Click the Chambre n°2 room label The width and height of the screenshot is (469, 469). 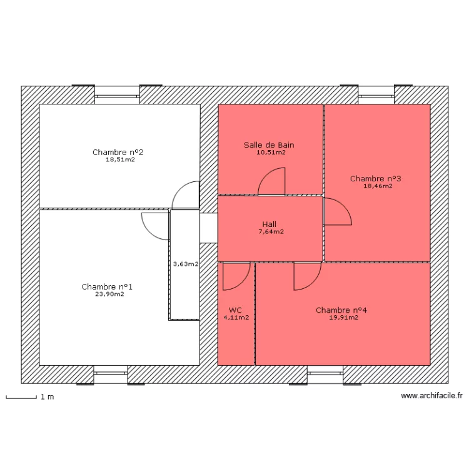click(118, 152)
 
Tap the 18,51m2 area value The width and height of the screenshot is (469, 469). click(120, 159)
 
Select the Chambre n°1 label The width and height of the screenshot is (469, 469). click(107, 287)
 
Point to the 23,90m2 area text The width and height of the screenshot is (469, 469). click(109, 295)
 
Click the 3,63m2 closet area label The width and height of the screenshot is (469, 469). click(185, 264)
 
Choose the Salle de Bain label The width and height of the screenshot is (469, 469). click(269, 145)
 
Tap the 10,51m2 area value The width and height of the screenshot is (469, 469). click(271, 152)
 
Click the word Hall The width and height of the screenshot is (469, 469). click(270, 224)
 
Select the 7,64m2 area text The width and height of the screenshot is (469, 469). click(271, 232)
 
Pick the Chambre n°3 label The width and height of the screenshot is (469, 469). click(375, 178)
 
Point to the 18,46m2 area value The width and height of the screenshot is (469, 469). click(378, 186)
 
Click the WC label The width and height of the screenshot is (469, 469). click(235, 310)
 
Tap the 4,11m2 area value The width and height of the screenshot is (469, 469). click(236, 318)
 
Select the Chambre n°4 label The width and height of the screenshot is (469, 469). click(341, 310)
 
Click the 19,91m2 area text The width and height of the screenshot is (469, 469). click(343, 318)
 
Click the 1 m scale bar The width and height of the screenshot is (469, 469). click(20, 396)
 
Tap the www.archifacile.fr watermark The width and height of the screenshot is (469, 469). click(431, 396)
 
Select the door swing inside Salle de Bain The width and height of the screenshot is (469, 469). click(272, 181)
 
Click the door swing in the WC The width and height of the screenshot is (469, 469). click(236, 276)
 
